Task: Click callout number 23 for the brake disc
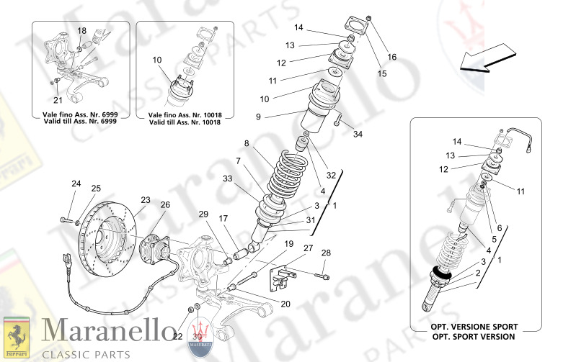[145, 200]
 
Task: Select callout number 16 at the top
[392, 57]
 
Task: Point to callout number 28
[326, 253]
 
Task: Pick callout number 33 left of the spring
[228, 178]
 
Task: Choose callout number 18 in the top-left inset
[81, 31]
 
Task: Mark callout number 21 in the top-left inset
[58, 99]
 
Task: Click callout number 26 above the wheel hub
[165, 205]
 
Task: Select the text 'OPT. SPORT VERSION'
[473, 337]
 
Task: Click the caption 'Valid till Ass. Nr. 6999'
[81, 122]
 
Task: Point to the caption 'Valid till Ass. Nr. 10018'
[185, 122]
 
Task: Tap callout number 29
[203, 214]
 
